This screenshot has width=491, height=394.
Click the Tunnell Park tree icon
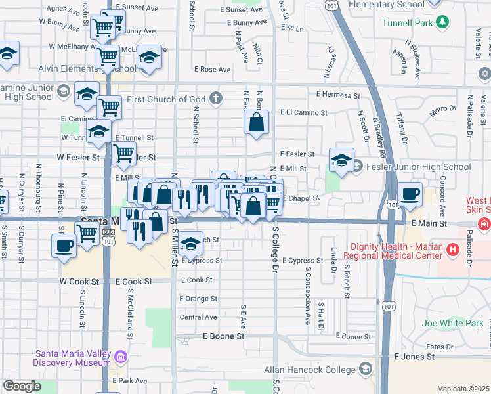[x=444, y=23]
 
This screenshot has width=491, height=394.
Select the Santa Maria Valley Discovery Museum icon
[x=120, y=357]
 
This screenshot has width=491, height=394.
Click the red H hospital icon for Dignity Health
[x=452, y=249]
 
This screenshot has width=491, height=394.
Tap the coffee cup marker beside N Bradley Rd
[x=410, y=194]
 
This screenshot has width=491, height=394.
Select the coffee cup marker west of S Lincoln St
[x=64, y=246]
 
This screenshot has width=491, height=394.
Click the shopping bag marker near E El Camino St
[x=256, y=121]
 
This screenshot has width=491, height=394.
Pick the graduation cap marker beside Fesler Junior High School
[x=341, y=160]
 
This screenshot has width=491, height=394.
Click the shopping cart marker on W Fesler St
[x=123, y=153]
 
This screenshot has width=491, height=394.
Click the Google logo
[x=22, y=386]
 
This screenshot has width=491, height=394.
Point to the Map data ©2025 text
[x=462, y=389]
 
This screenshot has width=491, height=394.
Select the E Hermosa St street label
[x=338, y=95]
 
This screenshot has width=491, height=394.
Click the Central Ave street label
[x=198, y=317]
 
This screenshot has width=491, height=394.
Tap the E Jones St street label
[x=414, y=357]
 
